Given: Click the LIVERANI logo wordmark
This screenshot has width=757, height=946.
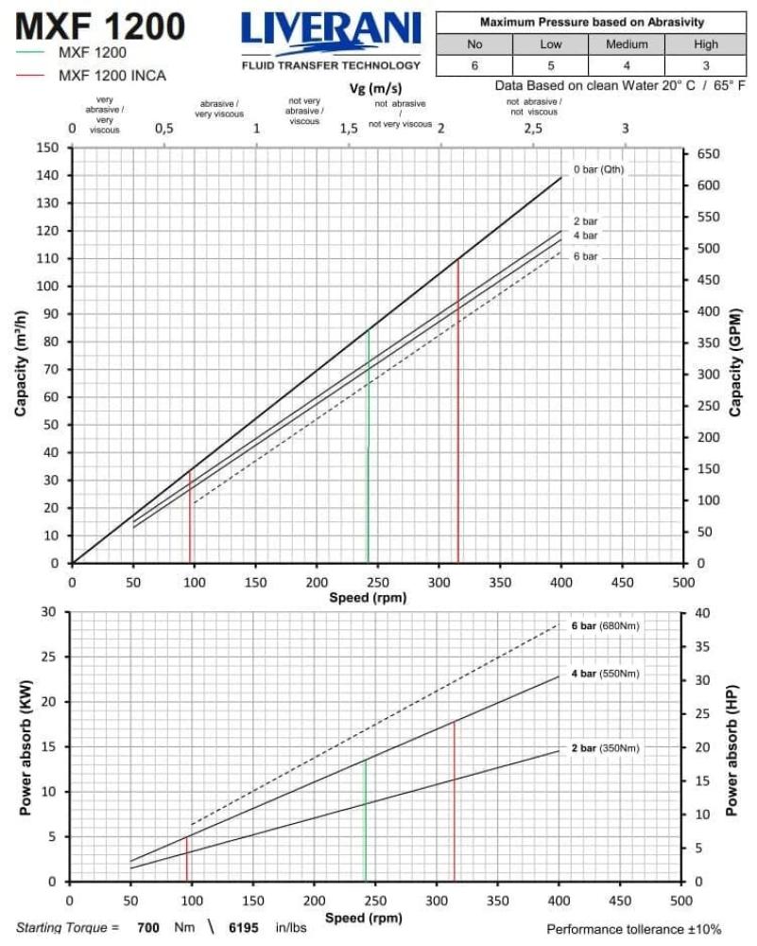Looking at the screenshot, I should click(330, 31).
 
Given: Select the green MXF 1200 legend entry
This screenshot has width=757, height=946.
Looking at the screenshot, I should click(92, 53).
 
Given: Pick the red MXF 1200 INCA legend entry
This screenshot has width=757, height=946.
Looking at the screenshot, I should click(112, 76).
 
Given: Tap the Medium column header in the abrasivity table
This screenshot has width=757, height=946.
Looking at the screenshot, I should click(626, 44).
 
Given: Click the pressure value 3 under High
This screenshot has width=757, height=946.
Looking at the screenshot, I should click(704, 66).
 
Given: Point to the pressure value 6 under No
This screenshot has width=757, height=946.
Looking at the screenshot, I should click(474, 66).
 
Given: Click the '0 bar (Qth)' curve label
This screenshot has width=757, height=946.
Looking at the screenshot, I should click(599, 170).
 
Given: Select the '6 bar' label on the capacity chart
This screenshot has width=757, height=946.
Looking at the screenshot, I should click(585, 256).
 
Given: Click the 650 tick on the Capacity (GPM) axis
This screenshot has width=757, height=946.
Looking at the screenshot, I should click(708, 154).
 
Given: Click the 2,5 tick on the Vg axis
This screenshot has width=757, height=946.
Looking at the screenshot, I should click(533, 129).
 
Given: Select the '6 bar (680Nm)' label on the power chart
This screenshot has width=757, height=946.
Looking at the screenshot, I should click(605, 626).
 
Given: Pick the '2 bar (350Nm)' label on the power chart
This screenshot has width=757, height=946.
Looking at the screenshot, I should click(605, 748).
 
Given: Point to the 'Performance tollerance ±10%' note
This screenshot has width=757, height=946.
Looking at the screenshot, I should click(633, 930).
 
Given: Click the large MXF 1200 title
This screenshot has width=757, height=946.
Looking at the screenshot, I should click(99, 26).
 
